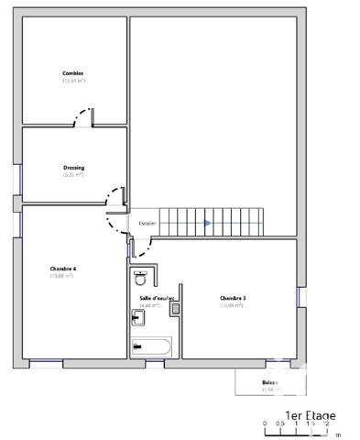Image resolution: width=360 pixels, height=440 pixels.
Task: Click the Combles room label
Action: pos(73,73)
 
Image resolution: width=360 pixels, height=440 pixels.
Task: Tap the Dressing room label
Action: pos(74,168)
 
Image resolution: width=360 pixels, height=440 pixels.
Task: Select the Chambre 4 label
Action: pos(63,269)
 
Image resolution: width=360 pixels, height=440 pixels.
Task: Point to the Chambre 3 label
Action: pos(232,298)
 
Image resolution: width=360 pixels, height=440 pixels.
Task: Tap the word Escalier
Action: pos(147,223)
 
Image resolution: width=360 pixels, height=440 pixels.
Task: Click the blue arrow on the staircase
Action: pos(208,222)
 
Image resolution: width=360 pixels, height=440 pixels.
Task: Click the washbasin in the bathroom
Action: pos(139,318)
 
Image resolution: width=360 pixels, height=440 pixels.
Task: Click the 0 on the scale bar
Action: pos(265,424)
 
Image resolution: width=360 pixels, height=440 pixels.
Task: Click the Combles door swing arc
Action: pos(83,116)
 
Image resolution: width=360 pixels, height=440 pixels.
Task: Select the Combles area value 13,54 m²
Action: pos(73,81)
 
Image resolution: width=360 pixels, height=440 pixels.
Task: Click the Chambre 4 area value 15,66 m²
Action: pos(63,276)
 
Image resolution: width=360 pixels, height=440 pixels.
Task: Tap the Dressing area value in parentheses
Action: pos(74,175)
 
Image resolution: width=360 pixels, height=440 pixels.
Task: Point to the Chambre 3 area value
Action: pos(232,305)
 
